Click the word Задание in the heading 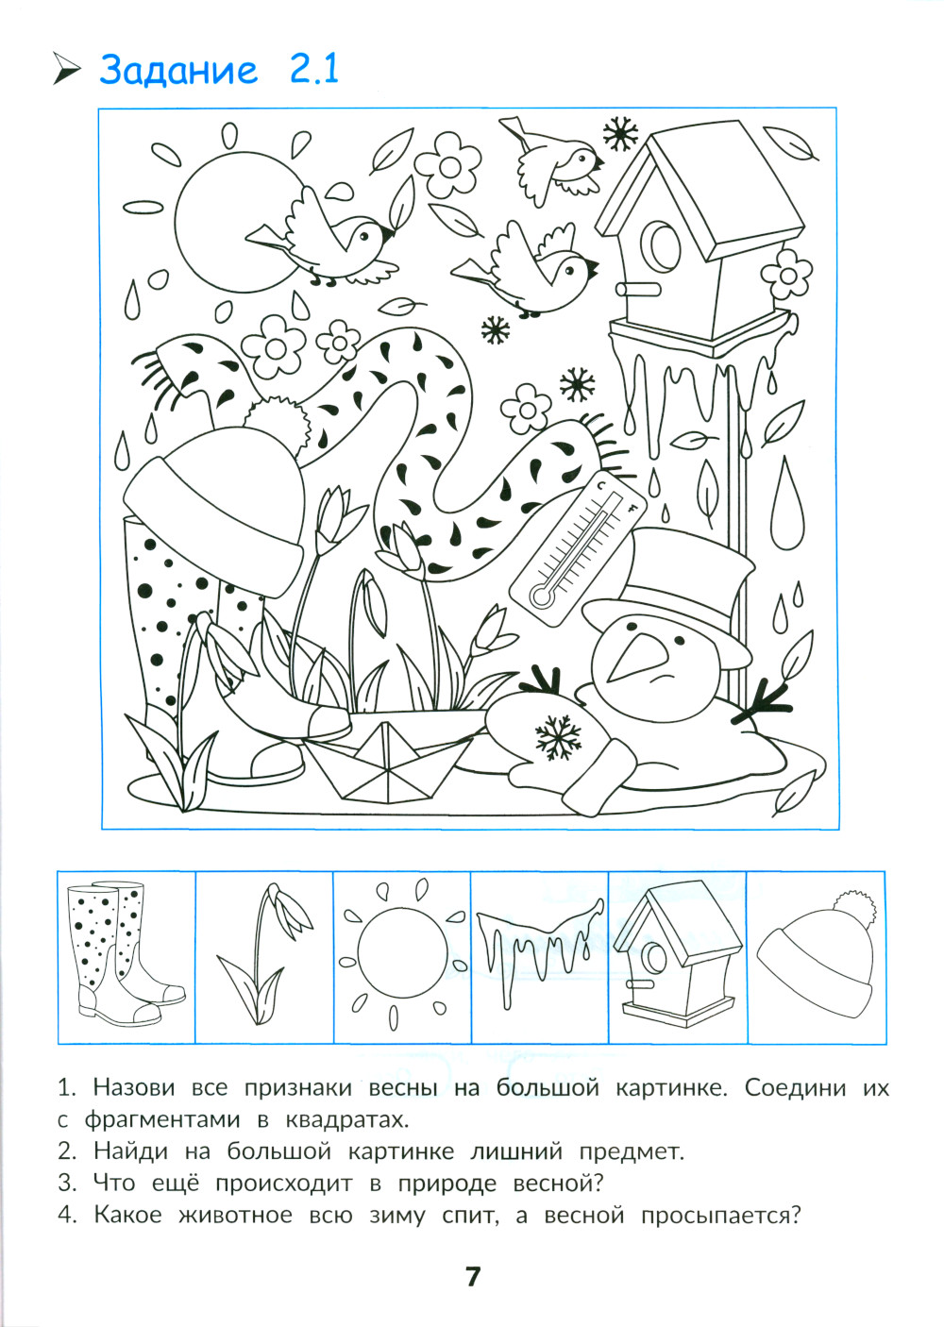pos(178,70)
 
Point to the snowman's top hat pos(666,593)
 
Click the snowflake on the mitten pos(558,738)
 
